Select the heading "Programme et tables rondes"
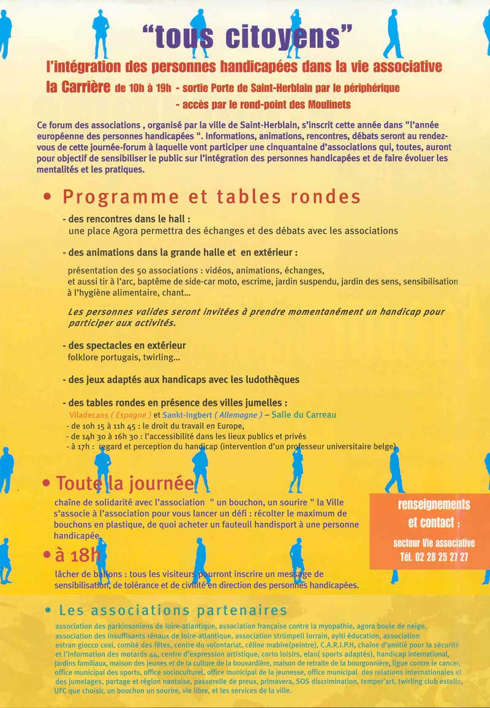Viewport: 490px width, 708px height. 211,197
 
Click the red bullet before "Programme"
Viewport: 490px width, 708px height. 48,198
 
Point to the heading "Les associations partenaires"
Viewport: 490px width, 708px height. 173,611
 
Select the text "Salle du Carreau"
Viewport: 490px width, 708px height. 304,415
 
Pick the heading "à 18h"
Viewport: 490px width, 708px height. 77,555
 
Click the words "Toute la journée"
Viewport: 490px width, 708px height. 124,483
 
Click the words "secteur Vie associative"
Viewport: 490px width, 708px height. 434,543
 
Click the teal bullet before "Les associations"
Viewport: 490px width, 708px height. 48,611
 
